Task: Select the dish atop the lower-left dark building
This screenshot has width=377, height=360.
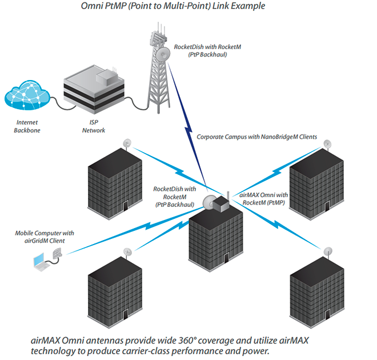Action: [x=127, y=252]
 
